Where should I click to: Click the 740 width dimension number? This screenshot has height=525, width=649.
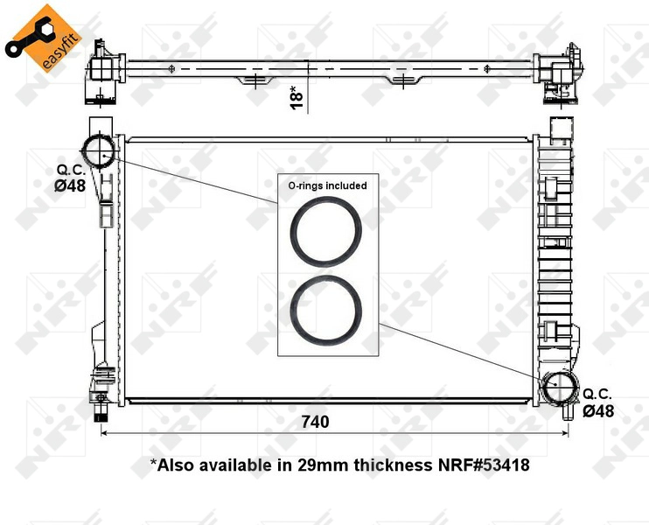click(x=315, y=421)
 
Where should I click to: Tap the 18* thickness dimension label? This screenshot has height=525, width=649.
click(x=297, y=97)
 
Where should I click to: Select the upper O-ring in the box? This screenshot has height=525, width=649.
click(x=325, y=231)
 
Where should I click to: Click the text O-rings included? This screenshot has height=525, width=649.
click(x=327, y=185)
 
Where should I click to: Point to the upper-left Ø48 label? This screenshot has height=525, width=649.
click(x=69, y=185)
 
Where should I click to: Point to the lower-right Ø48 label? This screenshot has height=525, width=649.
click(x=598, y=409)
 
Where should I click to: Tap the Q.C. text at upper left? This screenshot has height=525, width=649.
click(x=70, y=169)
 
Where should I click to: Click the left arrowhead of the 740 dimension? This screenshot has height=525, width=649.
click(x=106, y=434)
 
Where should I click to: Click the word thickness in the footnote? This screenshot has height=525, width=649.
click(x=390, y=465)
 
